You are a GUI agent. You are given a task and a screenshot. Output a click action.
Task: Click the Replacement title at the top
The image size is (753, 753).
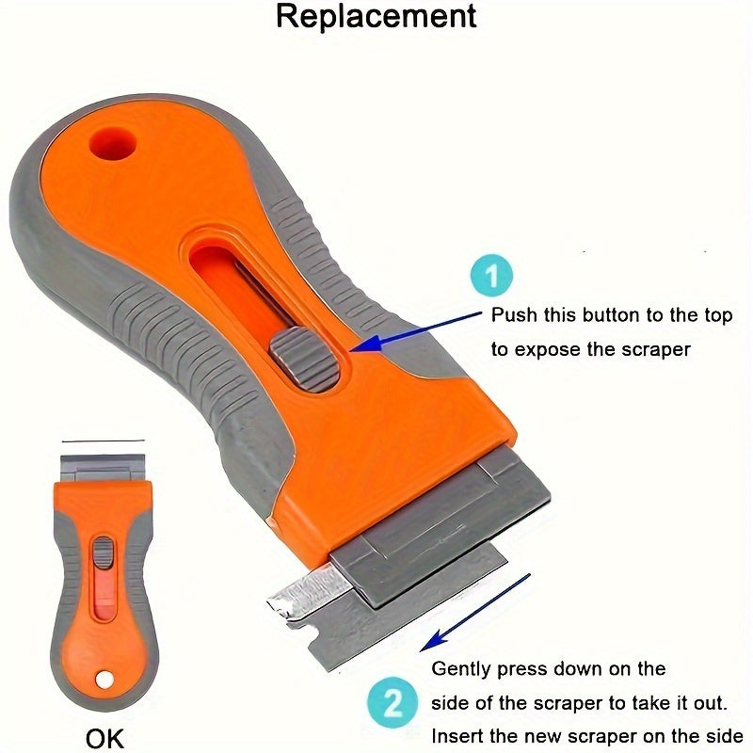(376, 17)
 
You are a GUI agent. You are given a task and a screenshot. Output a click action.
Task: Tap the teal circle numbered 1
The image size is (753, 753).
(490, 278)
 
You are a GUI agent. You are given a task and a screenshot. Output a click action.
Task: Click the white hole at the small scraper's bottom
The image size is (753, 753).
(103, 678)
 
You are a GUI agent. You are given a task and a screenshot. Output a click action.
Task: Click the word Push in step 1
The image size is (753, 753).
(514, 316)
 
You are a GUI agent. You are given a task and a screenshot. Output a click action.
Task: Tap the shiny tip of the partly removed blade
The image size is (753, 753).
(287, 596)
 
